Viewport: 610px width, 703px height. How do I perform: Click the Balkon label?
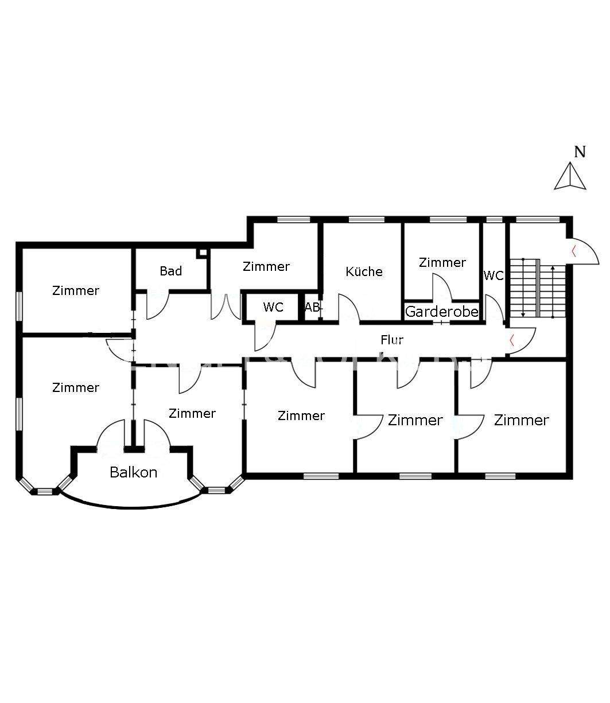pyautogui.click(x=133, y=472)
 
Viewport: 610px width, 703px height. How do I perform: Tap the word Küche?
pyautogui.click(x=364, y=271)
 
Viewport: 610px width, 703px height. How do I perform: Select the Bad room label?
pyautogui.click(x=170, y=271)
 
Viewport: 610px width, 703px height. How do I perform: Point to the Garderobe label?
pyautogui.click(x=441, y=312)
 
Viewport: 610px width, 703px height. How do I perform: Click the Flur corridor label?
pyautogui.click(x=392, y=340)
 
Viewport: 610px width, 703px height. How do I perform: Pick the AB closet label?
pyautogui.click(x=312, y=307)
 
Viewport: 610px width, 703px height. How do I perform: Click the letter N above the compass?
pyautogui.click(x=580, y=152)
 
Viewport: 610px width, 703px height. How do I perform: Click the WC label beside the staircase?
pyautogui.click(x=493, y=275)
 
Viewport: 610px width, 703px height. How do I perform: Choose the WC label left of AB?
pyautogui.click(x=273, y=307)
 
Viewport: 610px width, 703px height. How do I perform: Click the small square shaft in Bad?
pyautogui.click(x=201, y=253)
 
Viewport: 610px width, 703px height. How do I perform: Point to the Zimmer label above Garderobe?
pyautogui.click(x=442, y=262)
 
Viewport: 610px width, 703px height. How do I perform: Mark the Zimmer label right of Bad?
pyautogui.click(x=266, y=266)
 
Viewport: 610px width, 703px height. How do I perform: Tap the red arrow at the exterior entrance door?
pyautogui.click(x=574, y=250)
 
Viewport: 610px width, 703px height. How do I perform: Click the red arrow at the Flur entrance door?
pyautogui.click(x=511, y=339)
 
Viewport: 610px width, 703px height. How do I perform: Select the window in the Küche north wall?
pyautogui.click(x=366, y=219)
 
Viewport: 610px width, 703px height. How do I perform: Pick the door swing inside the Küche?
pyautogui.click(x=349, y=308)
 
